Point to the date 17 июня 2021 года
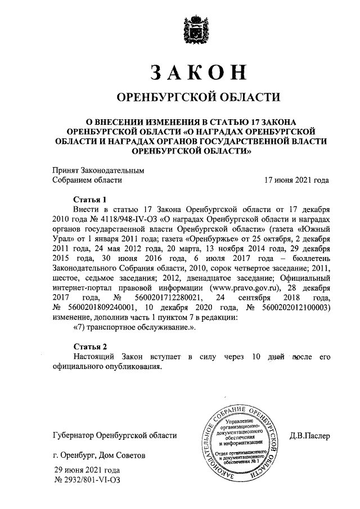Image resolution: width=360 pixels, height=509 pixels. (x=296, y=181)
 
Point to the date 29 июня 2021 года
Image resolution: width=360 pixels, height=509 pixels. (x=87, y=470)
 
